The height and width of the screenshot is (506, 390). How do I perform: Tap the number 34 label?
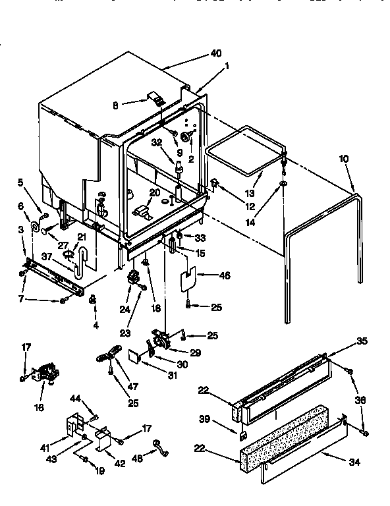[x=354, y=463]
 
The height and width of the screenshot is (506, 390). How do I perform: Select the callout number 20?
[x=154, y=192]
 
